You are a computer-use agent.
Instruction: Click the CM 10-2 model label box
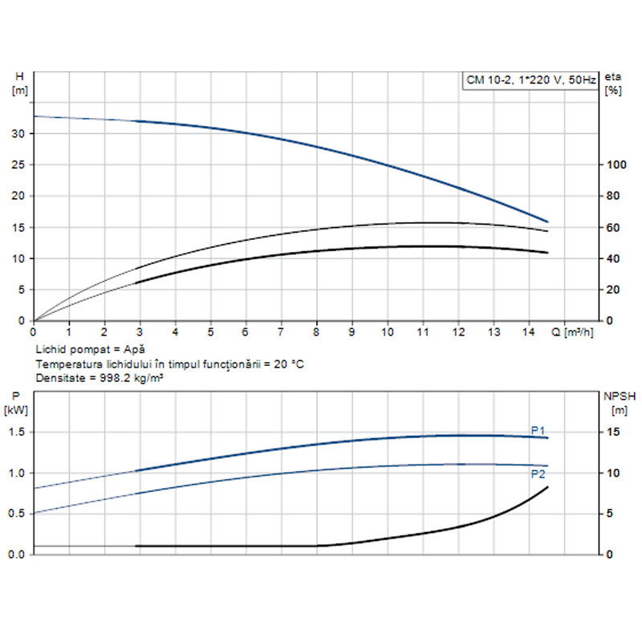(x=530, y=79)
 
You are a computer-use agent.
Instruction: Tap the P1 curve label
(x=538, y=429)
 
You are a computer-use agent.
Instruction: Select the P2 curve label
(x=538, y=474)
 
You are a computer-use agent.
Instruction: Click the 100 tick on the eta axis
(x=614, y=165)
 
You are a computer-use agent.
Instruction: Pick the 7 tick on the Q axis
(x=281, y=331)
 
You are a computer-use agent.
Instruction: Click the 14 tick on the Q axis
(x=530, y=331)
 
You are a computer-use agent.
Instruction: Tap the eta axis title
(x=613, y=77)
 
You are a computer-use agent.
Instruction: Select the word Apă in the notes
(x=133, y=351)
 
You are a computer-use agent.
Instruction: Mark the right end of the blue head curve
(x=547, y=221)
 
